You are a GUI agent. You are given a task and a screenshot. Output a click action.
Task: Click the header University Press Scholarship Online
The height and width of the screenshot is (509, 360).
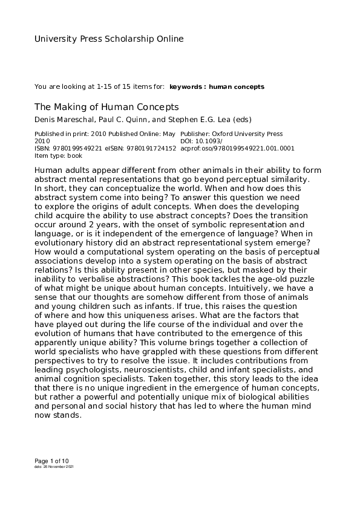tap(109, 39)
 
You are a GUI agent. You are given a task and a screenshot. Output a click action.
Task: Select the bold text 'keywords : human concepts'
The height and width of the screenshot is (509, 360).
tap(217, 87)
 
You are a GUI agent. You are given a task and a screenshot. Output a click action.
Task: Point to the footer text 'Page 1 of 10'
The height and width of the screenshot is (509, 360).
tap(52, 461)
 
